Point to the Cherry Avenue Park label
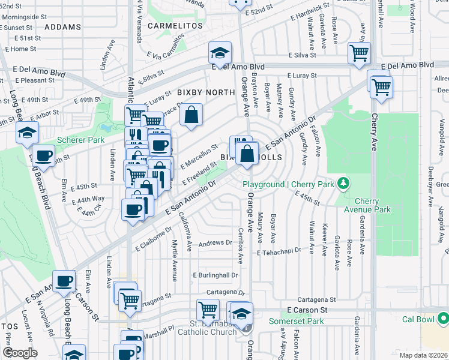373,205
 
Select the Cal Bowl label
417,319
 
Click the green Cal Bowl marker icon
442,318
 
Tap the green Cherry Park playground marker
343,182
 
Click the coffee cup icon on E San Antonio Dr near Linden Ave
133,209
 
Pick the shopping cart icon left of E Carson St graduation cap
208,310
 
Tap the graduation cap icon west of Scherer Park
27,133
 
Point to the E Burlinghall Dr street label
215,275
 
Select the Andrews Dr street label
215,244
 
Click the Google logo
20,353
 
